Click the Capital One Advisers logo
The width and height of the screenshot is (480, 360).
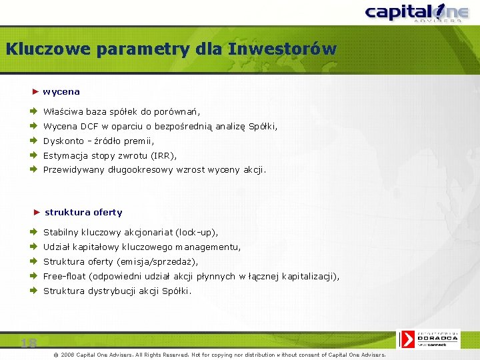[x=413, y=13]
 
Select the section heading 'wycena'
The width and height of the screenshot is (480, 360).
[x=61, y=91]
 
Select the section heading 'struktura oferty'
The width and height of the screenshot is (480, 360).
[x=83, y=212]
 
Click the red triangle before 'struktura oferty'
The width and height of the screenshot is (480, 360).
[x=37, y=212]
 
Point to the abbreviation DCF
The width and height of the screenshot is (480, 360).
[x=89, y=126]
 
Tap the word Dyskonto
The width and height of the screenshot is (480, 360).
[x=63, y=141]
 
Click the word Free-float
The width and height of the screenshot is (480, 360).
[x=65, y=276]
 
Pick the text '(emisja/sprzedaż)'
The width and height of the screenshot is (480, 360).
[x=157, y=261]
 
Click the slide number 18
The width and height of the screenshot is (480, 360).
[x=28, y=343]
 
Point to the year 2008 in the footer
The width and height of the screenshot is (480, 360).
[x=68, y=355]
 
